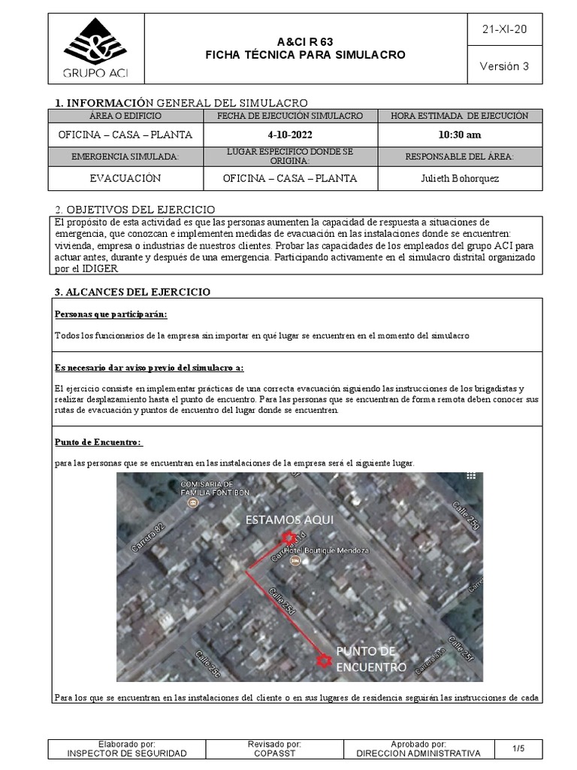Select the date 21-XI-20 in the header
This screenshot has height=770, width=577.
[x=504, y=29]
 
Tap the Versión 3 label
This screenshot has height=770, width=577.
[x=504, y=66]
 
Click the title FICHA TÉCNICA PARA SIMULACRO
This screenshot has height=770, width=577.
[x=305, y=55]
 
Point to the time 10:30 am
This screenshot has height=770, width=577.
[x=460, y=135]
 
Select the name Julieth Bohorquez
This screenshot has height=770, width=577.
[x=460, y=178]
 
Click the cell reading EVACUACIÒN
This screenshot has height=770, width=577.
[x=125, y=178]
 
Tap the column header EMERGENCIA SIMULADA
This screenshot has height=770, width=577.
[x=125, y=156]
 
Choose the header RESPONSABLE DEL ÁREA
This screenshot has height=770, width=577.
[x=460, y=156]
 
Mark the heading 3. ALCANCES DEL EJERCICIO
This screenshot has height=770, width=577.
[x=132, y=292]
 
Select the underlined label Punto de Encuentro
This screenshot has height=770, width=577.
[x=98, y=442]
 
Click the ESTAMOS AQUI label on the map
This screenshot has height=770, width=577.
[x=287, y=520]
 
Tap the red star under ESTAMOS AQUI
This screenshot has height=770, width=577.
[x=288, y=537]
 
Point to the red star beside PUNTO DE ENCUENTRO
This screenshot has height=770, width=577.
[x=324, y=661]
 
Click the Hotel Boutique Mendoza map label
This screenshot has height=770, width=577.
[x=339, y=550]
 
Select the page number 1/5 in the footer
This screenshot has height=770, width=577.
[x=518, y=748]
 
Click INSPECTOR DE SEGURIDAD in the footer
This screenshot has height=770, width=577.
[x=127, y=753]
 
